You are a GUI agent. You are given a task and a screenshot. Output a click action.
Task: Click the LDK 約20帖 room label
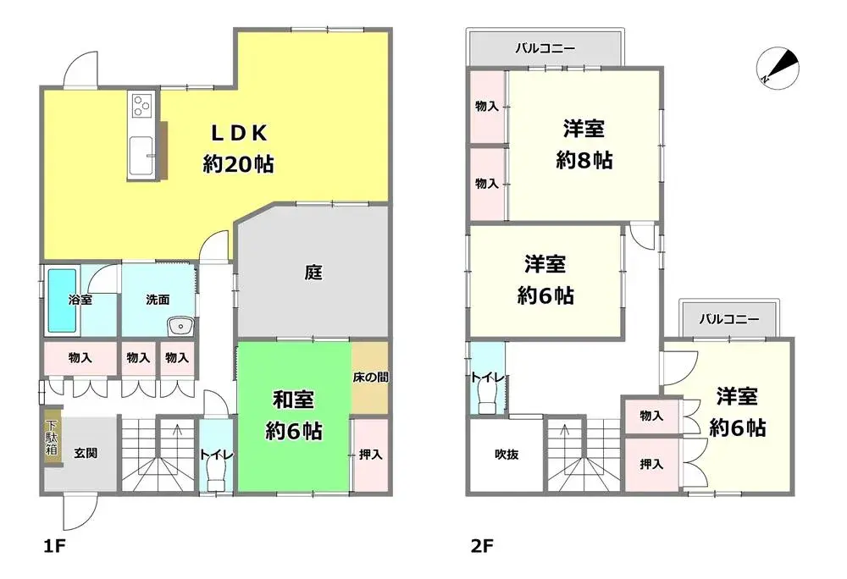238,148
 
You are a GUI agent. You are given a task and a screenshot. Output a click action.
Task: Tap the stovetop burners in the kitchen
140,106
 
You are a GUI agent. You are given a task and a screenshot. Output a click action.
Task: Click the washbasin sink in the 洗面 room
180,325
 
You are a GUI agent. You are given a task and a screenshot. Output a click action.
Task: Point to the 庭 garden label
313,273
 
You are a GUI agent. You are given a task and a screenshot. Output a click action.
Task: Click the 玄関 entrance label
85,453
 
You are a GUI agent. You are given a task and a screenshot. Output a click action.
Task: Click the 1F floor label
53,545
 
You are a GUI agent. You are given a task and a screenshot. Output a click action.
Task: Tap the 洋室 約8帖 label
584,145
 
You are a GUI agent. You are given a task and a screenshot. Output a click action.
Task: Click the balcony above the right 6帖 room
728,320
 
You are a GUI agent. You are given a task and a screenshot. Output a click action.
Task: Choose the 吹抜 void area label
506,455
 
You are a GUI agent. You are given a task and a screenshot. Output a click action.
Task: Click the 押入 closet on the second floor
650,464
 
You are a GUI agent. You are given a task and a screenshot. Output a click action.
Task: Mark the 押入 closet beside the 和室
369,455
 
